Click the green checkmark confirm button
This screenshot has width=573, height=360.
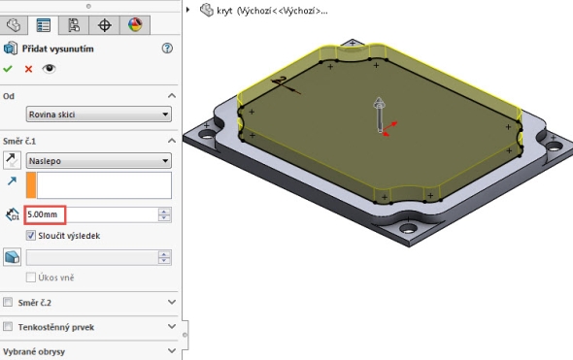tap(8, 69)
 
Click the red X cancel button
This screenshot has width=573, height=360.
tap(28, 69)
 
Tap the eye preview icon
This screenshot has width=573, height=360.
tap(49, 69)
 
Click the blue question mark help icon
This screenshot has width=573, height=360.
tap(167, 49)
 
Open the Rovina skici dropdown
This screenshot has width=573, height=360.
tap(99, 115)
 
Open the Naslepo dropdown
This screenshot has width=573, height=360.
tap(99, 161)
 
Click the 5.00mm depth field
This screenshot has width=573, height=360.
tap(45, 214)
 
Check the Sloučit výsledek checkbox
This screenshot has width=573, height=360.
tap(31, 236)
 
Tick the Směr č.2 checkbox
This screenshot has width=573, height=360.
tap(8, 302)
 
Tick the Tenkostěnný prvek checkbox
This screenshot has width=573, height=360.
tap(8, 326)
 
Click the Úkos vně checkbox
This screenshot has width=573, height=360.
tap(31, 278)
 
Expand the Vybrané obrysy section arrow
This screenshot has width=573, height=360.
tap(172, 351)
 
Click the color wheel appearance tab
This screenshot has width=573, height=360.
tap(135, 25)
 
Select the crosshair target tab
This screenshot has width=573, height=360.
tap(105, 25)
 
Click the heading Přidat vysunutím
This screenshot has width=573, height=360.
tap(57, 49)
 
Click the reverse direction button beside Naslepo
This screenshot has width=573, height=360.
tap(12, 161)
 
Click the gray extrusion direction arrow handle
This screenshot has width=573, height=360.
tap(380, 115)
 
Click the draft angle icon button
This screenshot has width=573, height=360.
tap(12, 257)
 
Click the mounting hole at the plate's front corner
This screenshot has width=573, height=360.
tap(408, 229)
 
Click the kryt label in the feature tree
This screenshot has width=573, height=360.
tap(224, 11)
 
